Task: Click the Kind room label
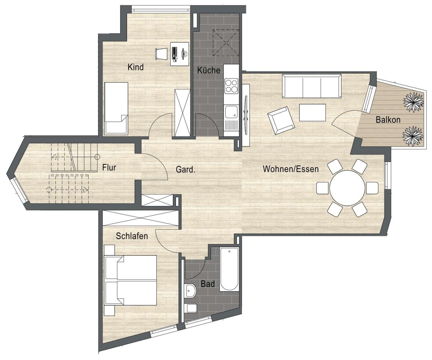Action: pyautogui.click(x=135, y=67)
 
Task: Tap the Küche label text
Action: pyautogui.click(x=208, y=70)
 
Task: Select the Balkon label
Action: pyautogui.click(x=388, y=120)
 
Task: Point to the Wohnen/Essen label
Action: pyautogui.click(x=291, y=169)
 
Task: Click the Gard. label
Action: pyautogui.click(x=185, y=170)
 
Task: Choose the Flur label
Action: pyautogui.click(x=109, y=167)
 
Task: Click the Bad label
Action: pyautogui.click(x=208, y=284)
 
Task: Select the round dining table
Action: pyautogui.click(x=347, y=188)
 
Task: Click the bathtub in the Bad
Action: pyautogui.click(x=229, y=269)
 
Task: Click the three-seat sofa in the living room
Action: pyautogui.click(x=312, y=86)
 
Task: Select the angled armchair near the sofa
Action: pyautogui.click(x=281, y=120)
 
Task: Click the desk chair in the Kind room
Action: pyautogui.click(x=161, y=54)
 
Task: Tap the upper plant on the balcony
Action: pyautogui.click(x=413, y=102)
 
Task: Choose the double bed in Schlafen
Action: pyautogui.click(x=130, y=280)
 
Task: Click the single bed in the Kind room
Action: pyautogui.click(x=116, y=108)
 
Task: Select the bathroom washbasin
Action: pyautogui.click(x=190, y=291)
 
